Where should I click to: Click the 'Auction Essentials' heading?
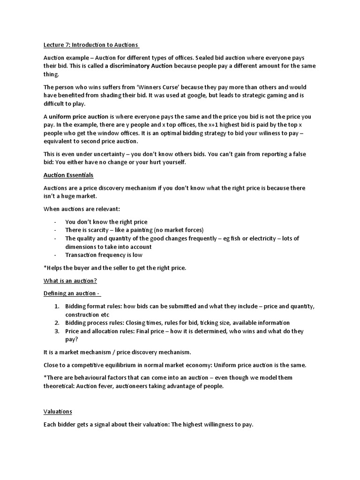pos(68,175)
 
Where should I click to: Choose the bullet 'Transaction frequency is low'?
pos(104,255)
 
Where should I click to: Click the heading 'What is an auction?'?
pos(70,281)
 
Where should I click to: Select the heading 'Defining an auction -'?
pos(72,293)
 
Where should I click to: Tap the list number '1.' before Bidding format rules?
pos(56,306)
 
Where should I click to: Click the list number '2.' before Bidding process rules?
pos(56,323)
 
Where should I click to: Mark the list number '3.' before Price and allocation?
pos(56,331)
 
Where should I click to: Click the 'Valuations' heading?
pos(58,412)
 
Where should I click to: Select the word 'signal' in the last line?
pos(104,425)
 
